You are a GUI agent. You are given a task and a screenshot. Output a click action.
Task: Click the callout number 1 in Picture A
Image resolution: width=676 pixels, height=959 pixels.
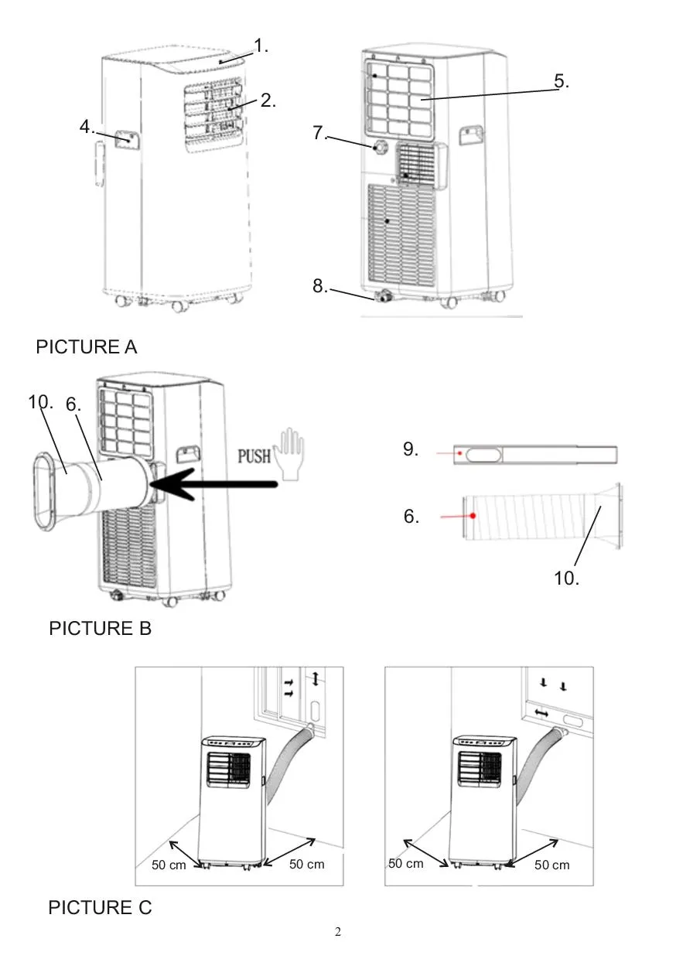[x=261, y=46]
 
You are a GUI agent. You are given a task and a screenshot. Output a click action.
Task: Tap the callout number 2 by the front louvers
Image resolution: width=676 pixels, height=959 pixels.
[x=268, y=101]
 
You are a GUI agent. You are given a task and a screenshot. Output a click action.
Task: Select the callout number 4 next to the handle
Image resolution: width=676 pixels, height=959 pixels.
[x=87, y=127]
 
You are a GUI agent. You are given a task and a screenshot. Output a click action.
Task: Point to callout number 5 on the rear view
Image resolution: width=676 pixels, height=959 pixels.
[x=562, y=81]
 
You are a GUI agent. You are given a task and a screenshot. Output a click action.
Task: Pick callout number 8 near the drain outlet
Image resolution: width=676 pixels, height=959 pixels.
[x=320, y=286]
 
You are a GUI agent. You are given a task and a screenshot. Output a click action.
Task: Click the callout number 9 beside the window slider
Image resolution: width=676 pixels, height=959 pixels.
[x=411, y=449]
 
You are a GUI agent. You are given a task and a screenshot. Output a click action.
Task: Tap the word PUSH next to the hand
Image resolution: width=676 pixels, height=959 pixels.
[x=254, y=454]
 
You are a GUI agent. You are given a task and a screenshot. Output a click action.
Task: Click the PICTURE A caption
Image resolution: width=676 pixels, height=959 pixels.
[x=87, y=347]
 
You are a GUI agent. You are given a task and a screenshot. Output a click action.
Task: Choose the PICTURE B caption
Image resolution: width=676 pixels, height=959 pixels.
[x=100, y=629]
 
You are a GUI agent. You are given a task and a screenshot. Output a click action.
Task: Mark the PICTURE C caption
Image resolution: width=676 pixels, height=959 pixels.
[x=100, y=908]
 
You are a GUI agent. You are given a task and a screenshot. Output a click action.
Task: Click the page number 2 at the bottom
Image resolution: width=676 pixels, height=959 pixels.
[x=337, y=931]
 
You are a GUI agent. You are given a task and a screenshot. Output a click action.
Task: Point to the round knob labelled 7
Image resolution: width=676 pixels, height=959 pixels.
[x=381, y=148]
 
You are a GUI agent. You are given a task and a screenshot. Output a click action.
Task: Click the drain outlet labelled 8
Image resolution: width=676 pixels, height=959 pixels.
[x=381, y=296]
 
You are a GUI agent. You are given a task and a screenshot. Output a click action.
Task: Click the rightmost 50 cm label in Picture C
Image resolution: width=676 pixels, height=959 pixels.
[x=551, y=865]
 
